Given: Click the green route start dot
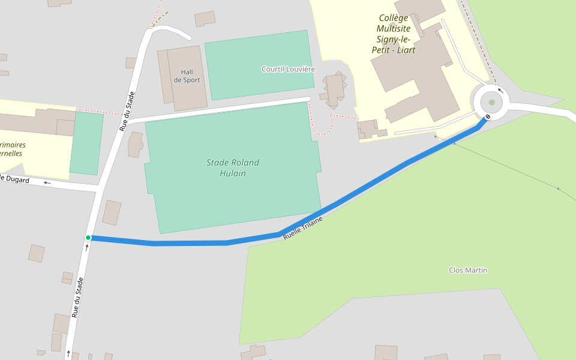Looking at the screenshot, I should (x=88, y=238).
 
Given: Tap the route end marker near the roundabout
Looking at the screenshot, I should (x=488, y=116).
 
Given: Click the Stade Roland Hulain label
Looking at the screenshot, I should (x=233, y=168).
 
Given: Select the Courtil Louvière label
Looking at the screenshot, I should (x=288, y=69).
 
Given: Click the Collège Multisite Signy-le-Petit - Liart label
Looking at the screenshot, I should (x=394, y=34).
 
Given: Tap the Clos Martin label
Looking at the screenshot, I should (x=468, y=270).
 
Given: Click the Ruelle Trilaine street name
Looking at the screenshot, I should (x=303, y=228).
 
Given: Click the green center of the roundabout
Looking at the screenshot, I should (x=491, y=102).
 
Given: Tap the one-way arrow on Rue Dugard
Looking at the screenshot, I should (x=47, y=182).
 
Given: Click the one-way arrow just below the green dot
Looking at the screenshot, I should (x=87, y=247).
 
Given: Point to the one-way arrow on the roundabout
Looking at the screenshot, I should (x=500, y=91).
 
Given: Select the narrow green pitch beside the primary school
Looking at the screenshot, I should (x=86, y=143).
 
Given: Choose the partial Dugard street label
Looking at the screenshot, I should (x=14, y=179).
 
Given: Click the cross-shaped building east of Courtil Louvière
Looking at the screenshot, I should (x=335, y=89).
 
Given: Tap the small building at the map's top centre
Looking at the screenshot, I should (x=205, y=19).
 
